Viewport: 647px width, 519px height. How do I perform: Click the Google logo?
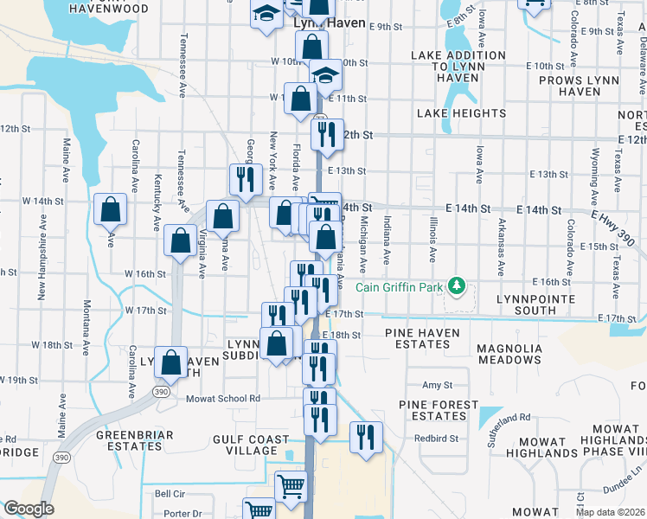coord(29,509)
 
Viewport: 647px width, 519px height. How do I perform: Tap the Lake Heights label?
coord(461,113)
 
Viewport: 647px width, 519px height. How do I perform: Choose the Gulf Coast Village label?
coord(251,445)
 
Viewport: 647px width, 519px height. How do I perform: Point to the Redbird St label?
coord(434,438)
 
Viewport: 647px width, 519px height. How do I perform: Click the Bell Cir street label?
coord(170,493)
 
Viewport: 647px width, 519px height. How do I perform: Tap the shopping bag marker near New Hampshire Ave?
coord(110,209)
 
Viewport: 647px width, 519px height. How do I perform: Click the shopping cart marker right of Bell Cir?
coord(291,485)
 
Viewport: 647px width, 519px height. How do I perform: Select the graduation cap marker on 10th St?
coord(326,76)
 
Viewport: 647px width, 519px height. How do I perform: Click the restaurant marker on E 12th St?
coord(327,134)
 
